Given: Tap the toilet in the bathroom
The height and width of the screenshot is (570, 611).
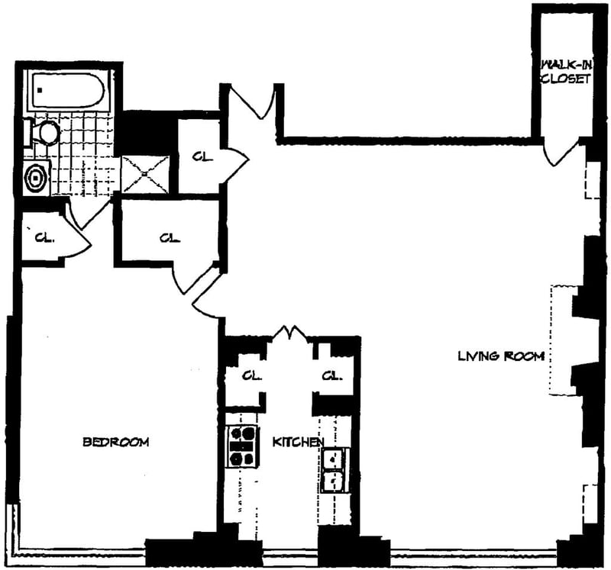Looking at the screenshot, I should (46, 134).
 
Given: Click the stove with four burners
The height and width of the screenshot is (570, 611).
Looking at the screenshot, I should (242, 446).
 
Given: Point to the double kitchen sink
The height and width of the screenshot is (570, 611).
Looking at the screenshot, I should (334, 470).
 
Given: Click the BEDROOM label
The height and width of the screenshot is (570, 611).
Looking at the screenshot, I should (115, 442).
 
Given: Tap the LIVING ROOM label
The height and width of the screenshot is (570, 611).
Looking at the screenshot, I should (501, 356).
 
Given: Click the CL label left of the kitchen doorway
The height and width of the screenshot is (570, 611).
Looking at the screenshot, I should (251, 375).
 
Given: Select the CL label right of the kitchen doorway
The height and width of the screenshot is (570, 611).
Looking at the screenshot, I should (331, 375).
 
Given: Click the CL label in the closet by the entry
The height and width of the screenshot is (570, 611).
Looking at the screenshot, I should (202, 157).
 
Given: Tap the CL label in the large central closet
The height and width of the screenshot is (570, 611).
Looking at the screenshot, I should (169, 237).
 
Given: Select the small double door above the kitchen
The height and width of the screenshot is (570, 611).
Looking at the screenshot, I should (289, 333).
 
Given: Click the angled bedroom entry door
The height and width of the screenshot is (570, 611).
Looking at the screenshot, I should (205, 297).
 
